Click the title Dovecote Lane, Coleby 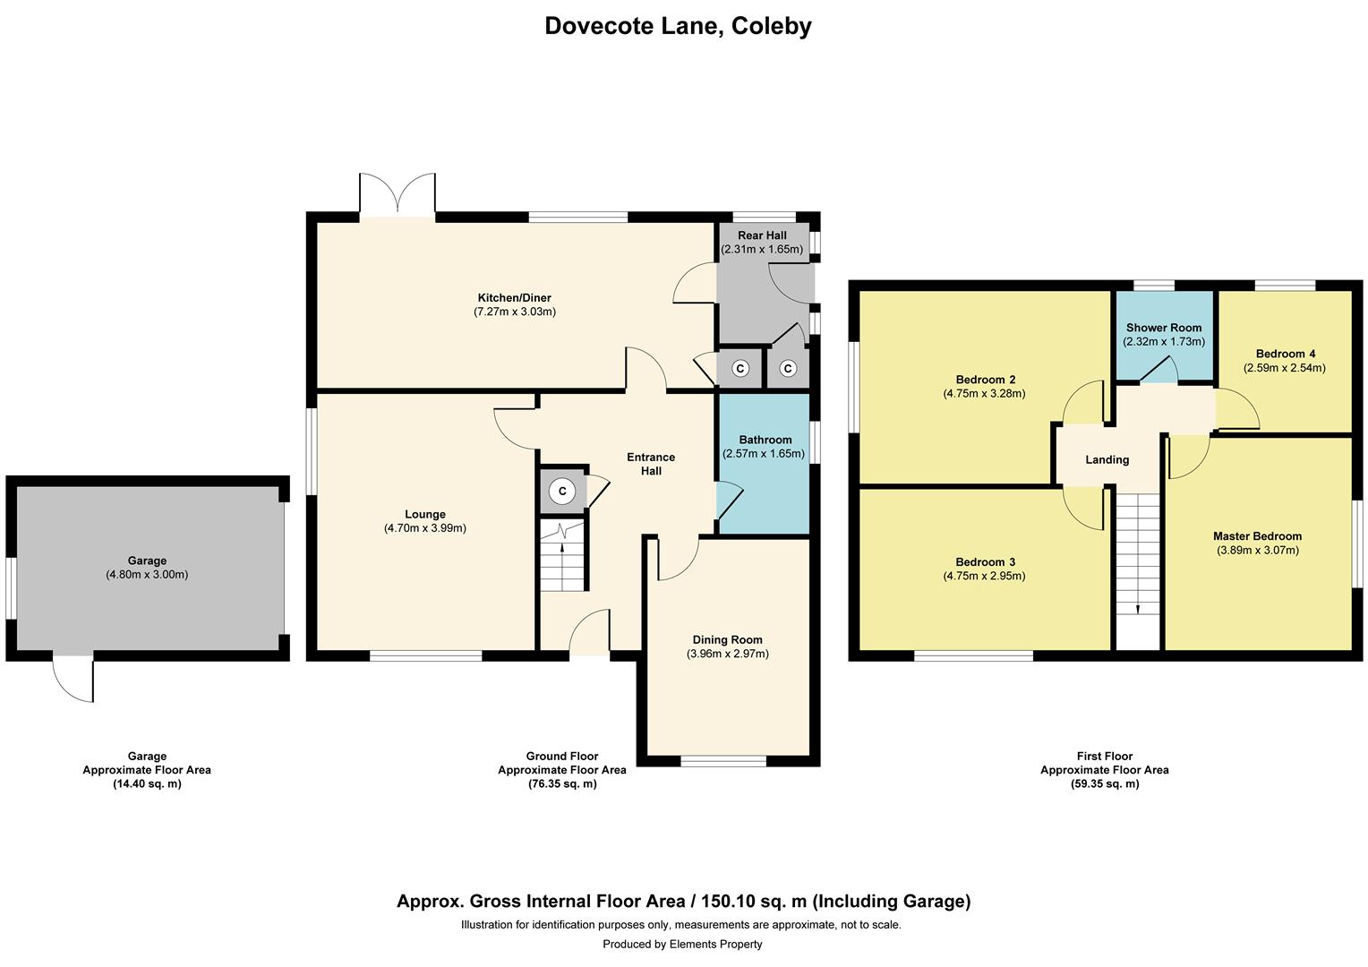pos(678,26)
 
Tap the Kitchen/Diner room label pos(514,298)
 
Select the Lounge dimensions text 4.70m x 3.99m pos(425,528)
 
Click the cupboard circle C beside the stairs pos(562,491)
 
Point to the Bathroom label pos(765,440)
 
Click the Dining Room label pos(727,640)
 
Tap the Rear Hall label pos(762,235)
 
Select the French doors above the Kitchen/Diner pos(397,195)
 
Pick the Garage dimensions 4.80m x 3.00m pos(147,575)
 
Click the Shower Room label pos(1164,328)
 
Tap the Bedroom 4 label pos(1285,354)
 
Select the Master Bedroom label pos(1257,536)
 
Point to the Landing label pos(1107,459)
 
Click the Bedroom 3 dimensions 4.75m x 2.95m pos(984,576)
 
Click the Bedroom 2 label pos(985,380)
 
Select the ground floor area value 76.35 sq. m pos(561,783)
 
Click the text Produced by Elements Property pos(682,944)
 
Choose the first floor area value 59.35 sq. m pos(1104,783)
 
